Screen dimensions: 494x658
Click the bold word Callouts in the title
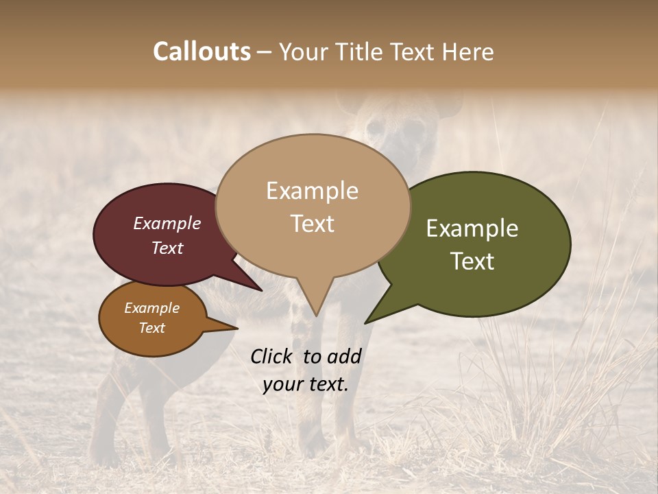click(202, 51)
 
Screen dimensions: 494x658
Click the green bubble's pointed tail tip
click(365, 323)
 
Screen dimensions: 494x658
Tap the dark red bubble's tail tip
click(262, 291)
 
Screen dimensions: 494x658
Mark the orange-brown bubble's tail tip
click(237, 329)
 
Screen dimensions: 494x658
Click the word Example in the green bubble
click(472, 228)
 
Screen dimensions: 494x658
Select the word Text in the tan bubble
click(313, 224)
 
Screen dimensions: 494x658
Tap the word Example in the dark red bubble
click(167, 223)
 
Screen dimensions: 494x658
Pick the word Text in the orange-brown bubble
click(152, 328)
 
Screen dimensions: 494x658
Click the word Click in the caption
click(271, 356)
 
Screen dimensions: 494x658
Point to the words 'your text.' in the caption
click(306, 384)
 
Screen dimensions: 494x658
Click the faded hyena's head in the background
click(398, 127)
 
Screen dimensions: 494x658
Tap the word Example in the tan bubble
click(313, 191)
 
